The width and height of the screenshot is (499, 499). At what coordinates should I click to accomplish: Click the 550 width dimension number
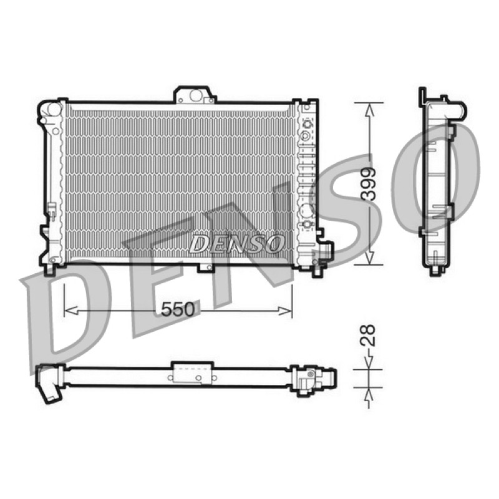pyautogui.click(x=177, y=309)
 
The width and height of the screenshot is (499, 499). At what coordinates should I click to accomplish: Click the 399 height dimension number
pyautogui.click(x=369, y=184)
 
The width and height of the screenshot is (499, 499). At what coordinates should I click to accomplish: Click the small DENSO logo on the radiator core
pyautogui.click(x=236, y=244)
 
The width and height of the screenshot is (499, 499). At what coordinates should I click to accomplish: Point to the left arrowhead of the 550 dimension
pyautogui.click(x=70, y=310)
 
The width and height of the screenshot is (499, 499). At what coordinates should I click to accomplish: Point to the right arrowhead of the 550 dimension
pyautogui.click(x=285, y=311)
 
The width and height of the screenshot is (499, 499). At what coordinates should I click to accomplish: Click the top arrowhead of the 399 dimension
pyautogui.click(x=369, y=110)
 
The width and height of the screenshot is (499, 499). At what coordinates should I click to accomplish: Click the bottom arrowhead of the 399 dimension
pyautogui.click(x=369, y=257)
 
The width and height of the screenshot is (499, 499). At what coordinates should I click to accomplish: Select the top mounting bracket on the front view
pyautogui.click(x=195, y=95)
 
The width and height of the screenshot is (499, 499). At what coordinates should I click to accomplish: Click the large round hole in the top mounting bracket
pyautogui.click(x=196, y=95)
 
